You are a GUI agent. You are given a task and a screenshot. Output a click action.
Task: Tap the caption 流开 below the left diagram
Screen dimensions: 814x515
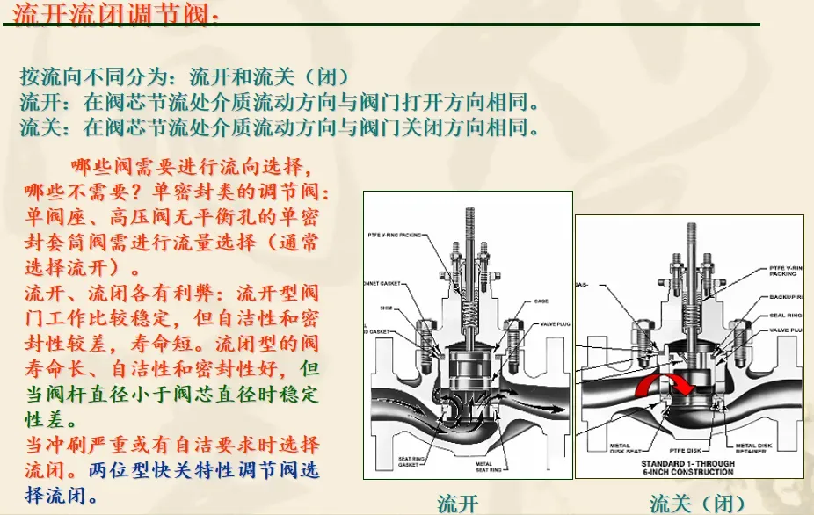coord(458,503)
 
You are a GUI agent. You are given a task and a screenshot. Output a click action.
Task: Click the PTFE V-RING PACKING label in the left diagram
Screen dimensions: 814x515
coord(396,236)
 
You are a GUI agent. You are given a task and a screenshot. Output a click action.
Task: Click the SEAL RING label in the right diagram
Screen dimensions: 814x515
coord(785,315)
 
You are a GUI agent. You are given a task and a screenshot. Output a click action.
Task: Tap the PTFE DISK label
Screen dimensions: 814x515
coord(688,450)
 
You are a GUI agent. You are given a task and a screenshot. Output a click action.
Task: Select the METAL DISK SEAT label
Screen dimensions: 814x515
coord(625,450)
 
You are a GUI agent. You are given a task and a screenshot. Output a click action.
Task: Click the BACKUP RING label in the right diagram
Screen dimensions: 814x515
coord(785,298)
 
